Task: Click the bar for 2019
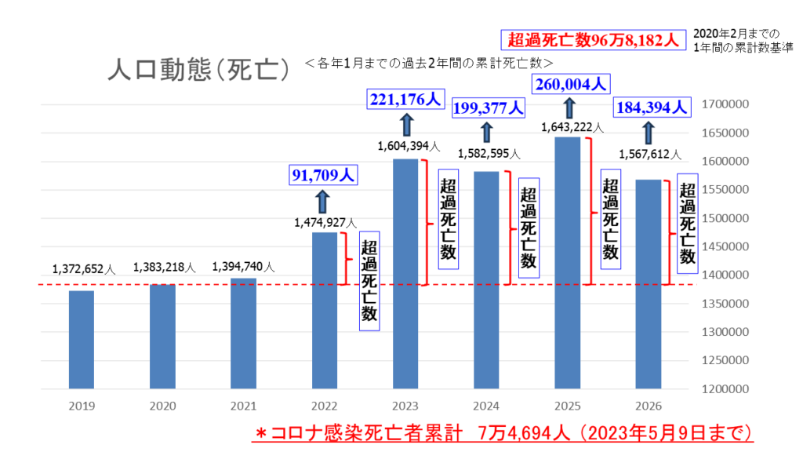coord(82,339)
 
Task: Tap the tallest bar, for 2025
coord(567,262)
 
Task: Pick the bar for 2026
coord(649,283)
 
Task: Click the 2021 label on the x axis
coord(243,406)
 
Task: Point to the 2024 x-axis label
coord(487,406)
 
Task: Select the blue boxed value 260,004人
coord(571,84)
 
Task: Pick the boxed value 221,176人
coord(406,100)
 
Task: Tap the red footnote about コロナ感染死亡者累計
coord(506,432)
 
